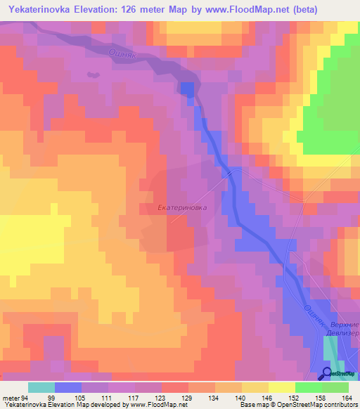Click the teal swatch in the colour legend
coord(41,387)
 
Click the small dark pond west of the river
coord(91,74)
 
